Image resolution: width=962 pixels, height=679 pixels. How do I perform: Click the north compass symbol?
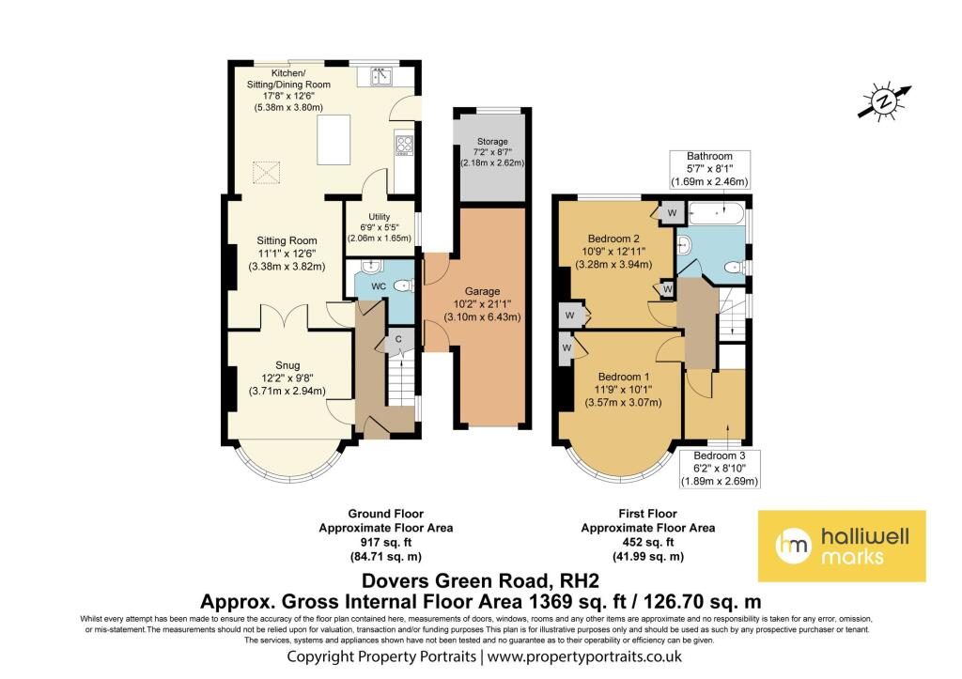click(884, 100)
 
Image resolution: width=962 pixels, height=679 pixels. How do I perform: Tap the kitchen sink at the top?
click(381, 77)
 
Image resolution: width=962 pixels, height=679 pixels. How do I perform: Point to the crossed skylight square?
click(266, 173)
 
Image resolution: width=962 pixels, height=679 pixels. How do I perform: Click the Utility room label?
click(380, 217)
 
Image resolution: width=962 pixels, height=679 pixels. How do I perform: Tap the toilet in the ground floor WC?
click(404, 285)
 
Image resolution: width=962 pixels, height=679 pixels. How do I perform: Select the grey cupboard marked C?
click(397, 341)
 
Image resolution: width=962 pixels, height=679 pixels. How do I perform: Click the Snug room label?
click(287, 365)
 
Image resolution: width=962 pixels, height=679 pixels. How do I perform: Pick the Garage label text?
click(482, 291)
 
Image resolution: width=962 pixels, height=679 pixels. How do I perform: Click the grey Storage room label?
click(492, 141)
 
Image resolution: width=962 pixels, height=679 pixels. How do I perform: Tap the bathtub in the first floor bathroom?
click(717, 213)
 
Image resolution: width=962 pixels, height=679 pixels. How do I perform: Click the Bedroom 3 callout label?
click(720, 469)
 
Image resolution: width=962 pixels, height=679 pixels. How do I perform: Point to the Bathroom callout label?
click(710, 169)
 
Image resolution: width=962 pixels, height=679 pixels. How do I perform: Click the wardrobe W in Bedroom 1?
click(566, 348)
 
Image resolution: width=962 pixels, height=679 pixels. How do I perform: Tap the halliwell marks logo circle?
click(793, 546)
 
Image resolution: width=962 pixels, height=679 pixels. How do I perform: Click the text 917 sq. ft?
click(386, 542)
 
